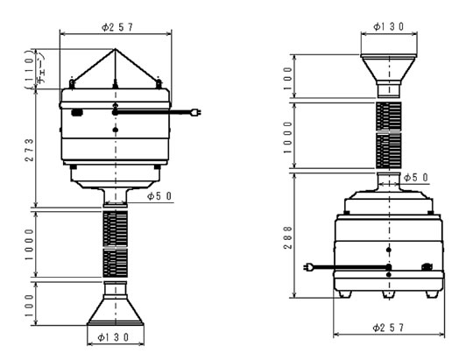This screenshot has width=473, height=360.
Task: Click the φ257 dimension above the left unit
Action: pyautogui.click(x=117, y=27)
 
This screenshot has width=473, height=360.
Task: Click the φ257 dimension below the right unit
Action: pyautogui.click(x=388, y=328)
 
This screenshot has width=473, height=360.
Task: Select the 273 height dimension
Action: pyautogui.click(x=29, y=150)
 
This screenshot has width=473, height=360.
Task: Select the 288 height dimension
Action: pyautogui.click(x=288, y=237)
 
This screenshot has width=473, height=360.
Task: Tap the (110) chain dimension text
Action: pyautogui.click(x=29, y=69)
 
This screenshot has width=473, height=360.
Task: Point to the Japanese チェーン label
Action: pyautogui.click(x=41, y=69)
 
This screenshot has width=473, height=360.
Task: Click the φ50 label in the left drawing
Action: pyautogui.click(x=159, y=196)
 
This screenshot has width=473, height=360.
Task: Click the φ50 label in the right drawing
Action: pyautogui.click(x=416, y=178)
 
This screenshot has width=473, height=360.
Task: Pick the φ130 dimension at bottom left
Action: pyautogui.click(x=113, y=337)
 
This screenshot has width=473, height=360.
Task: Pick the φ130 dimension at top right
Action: pyautogui.click(x=389, y=27)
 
